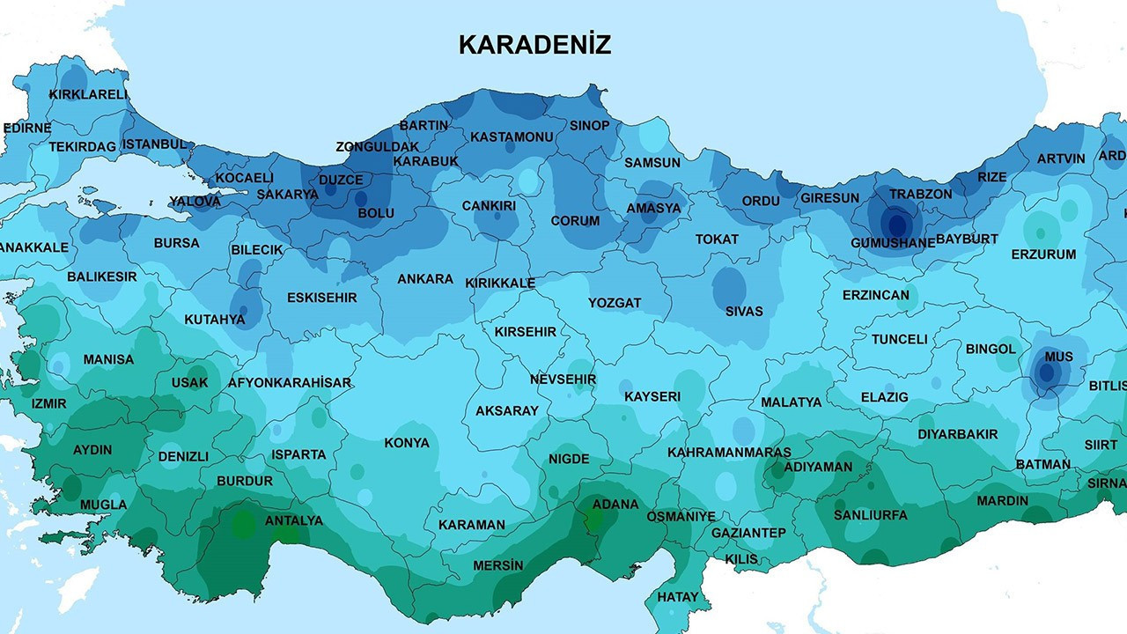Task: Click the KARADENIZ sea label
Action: [534, 45]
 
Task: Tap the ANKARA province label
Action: [425, 279]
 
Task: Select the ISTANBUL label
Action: [154, 144]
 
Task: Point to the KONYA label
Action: [407, 443]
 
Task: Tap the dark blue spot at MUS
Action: [1046, 373]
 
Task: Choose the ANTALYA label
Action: [294, 520]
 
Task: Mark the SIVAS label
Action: [744, 311]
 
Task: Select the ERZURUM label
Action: [1043, 254]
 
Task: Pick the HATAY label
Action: [678, 597]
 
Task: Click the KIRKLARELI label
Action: [88, 94]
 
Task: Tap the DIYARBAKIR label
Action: [958, 434]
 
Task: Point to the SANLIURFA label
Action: [870, 515]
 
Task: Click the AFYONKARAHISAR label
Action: [290, 383]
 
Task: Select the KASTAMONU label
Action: [512, 137]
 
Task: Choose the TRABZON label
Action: [920, 194]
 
